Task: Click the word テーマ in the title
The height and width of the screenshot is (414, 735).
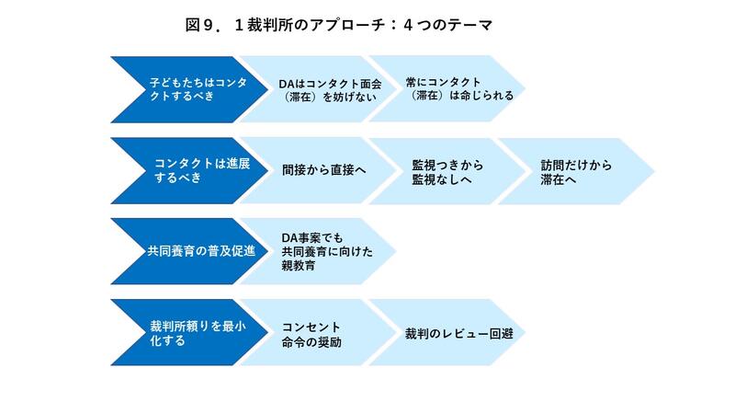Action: [469, 25]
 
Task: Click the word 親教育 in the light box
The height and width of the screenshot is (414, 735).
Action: [298, 266]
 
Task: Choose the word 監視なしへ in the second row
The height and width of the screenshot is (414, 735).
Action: [442, 179]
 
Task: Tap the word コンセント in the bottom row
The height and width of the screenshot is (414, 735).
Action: [311, 328]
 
